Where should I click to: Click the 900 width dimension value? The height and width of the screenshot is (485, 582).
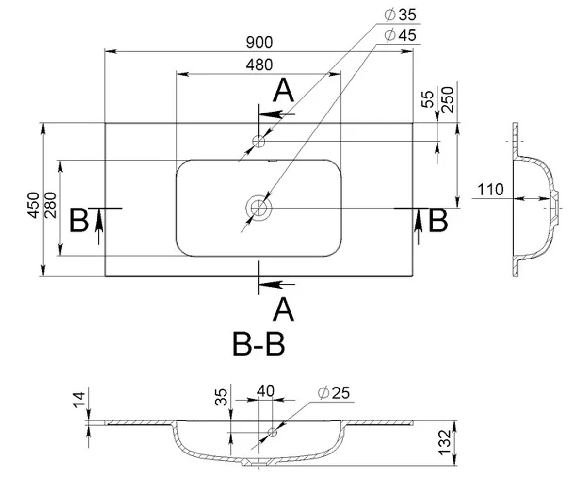(259, 42)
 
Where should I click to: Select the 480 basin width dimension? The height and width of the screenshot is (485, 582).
(259, 65)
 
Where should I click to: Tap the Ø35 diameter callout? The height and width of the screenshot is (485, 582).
(400, 15)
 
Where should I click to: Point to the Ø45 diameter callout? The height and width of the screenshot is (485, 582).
(400, 35)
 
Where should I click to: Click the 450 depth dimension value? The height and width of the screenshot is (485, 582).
(33, 205)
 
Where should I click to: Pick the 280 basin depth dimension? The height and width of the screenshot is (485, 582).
(50, 205)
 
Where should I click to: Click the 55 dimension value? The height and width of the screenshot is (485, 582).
(428, 99)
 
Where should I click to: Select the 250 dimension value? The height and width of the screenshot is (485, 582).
(448, 100)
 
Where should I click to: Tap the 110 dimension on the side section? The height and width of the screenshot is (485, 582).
(490, 190)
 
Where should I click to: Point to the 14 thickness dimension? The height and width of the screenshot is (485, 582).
(79, 400)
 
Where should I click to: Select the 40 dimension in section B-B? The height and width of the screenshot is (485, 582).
(265, 391)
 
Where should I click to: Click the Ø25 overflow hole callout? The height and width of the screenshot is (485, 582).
(334, 393)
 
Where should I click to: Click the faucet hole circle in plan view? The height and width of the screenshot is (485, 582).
(259, 142)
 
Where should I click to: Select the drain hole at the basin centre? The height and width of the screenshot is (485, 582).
(259, 208)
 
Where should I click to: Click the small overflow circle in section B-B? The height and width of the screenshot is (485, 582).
(272, 433)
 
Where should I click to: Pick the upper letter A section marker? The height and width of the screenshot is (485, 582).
(283, 90)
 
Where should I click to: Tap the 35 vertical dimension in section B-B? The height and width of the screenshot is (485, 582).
(221, 397)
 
